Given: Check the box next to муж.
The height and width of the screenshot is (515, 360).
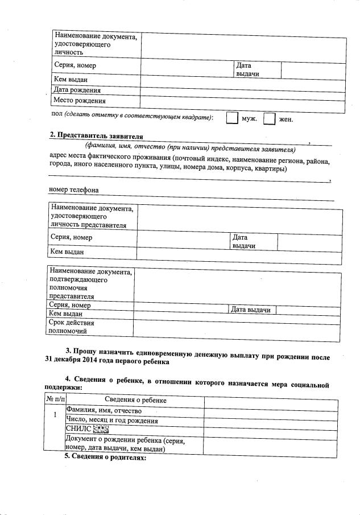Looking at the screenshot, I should tap(232, 118).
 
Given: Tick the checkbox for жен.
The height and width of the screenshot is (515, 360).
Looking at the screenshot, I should tap(270, 118).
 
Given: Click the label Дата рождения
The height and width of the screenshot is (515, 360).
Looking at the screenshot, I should tap(77, 90).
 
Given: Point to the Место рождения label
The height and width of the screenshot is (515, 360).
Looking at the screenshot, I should tap(79, 101).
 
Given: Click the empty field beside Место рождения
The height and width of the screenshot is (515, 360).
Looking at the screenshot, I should tap(242, 102).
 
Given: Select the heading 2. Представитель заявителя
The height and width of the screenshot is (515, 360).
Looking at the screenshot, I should tap(96, 135).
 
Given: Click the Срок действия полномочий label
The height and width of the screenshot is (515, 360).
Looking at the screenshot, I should tap(72, 327).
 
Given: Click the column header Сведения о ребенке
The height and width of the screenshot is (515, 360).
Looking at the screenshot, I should tap(135, 401).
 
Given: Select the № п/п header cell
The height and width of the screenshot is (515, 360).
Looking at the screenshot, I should tap(54, 401).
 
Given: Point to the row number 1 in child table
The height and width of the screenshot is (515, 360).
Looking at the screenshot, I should tap(55, 415).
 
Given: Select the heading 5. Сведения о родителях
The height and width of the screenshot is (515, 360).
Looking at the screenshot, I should tap(105, 458).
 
